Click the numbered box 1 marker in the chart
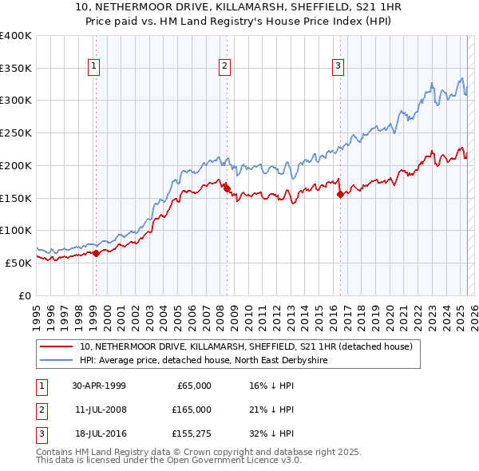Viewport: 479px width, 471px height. [95, 66]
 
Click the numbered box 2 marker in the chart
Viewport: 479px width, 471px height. [225, 66]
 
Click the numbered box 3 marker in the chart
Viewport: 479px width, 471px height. [338, 66]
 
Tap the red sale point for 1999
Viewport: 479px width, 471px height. [96, 253]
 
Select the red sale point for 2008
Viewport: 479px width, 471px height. [226, 188]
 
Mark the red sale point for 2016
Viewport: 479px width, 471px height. [340, 194]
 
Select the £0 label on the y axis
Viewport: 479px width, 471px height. [24, 295]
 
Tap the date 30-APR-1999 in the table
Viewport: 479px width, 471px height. [98, 386]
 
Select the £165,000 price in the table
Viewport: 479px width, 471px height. [192, 410]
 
